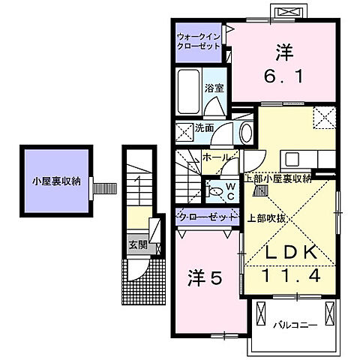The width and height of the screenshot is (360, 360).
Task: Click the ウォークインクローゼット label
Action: click(199, 40)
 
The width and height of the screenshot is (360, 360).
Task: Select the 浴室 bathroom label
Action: click(214, 88)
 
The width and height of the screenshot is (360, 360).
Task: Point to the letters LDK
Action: click(288, 254)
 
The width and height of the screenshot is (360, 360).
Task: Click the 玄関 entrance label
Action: click(136, 244)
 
